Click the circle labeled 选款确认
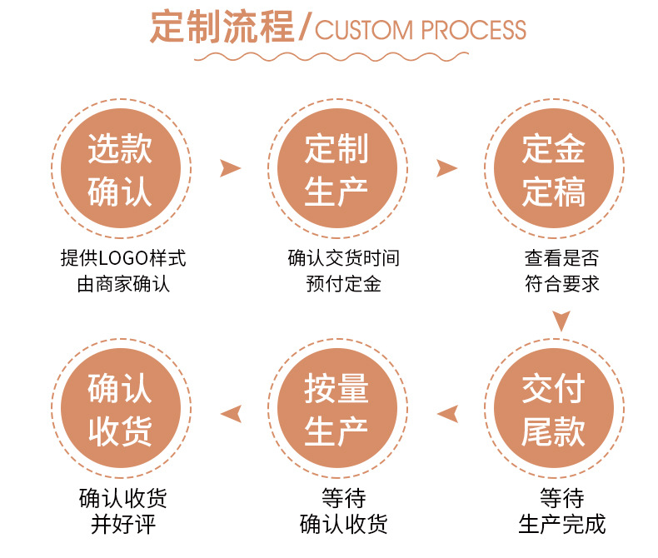point(120,170)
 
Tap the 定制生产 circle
point(336,170)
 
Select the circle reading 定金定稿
point(553,170)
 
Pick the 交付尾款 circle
point(553,411)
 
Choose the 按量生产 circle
point(336,411)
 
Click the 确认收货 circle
point(120,411)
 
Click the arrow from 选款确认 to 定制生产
point(229,169)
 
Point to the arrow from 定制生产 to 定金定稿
point(447,169)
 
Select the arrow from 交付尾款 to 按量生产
point(447,412)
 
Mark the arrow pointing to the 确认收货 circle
point(231,412)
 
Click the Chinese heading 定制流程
point(222,28)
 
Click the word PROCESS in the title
point(474,30)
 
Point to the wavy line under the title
point(336,57)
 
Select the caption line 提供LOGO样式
point(123,257)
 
